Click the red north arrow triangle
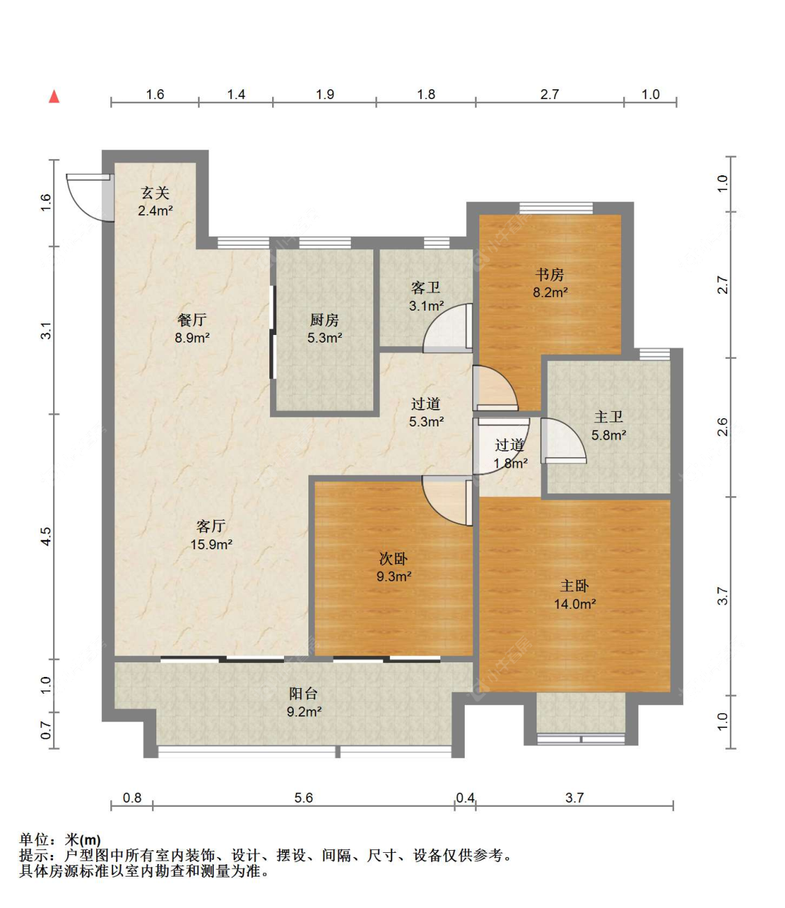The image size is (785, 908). pos(54,96)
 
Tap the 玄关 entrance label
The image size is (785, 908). pos(155,193)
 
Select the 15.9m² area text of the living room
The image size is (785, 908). pos(211,544)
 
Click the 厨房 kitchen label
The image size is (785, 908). pos(324,320)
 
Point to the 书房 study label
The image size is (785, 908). pos(550,274)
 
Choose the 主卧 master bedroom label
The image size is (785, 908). pos(574,586)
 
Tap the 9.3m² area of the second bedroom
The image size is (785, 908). pos(394,576)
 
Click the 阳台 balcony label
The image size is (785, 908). pos(303,693)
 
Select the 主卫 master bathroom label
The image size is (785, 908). pos(608,417)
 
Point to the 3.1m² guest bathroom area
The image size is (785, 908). pos(426,306)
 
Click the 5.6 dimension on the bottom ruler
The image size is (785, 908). pos(304,797)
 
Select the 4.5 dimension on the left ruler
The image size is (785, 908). pos(46,537)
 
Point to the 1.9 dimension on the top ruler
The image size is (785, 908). pos(325,94)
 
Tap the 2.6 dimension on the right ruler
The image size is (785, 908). pos(723,427)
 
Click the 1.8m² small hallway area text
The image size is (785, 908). pos(511,463)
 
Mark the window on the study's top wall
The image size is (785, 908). pos(555,208)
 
